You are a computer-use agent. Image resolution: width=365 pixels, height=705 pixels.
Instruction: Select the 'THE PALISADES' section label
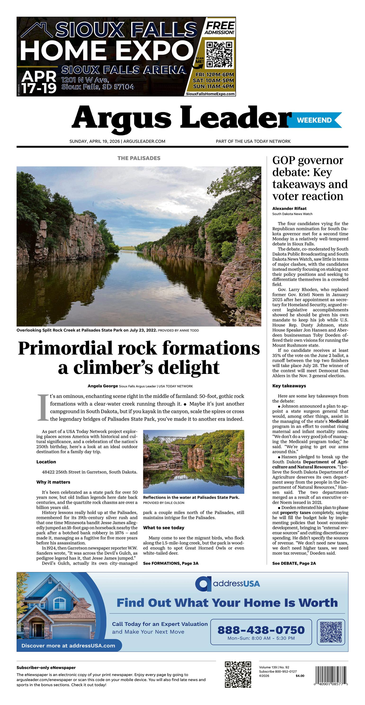click(x=139, y=158)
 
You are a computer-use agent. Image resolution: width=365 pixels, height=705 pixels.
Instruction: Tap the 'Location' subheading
click(x=46, y=462)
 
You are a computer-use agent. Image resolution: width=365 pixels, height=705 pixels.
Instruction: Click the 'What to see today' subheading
click(x=164, y=528)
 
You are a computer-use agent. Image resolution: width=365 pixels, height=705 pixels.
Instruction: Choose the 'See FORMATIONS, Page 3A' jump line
click(x=171, y=563)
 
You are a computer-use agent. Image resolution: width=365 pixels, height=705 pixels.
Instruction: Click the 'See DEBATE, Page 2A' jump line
click(x=294, y=563)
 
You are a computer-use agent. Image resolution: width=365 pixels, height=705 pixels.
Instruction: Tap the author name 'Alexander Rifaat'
click(x=289, y=208)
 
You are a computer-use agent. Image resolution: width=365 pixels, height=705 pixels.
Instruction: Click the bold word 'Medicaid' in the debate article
click(x=338, y=421)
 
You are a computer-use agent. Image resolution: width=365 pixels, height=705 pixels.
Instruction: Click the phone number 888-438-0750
click(x=261, y=630)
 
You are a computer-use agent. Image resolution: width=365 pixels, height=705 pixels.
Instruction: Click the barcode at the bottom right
click(x=331, y=675)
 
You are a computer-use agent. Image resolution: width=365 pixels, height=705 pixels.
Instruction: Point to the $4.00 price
click(x=300, y=676)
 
